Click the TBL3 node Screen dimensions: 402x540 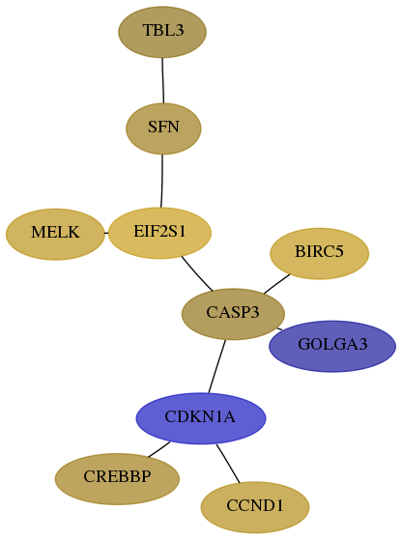162,32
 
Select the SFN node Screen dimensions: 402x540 163,128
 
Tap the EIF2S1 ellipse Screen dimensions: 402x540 159,233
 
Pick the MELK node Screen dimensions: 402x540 55,234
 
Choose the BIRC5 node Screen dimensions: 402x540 319,253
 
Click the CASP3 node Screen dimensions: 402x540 233,314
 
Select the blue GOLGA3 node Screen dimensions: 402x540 332,346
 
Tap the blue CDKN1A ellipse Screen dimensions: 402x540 201,418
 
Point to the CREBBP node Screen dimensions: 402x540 117,479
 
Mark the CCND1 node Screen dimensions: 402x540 255,507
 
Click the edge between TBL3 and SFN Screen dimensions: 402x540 163,80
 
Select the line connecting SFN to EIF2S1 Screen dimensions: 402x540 162,181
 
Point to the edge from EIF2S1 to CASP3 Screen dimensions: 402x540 196,274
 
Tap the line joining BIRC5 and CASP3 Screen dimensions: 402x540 276,284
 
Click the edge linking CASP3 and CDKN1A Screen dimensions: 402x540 217,366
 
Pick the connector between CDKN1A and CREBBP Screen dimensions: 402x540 159,449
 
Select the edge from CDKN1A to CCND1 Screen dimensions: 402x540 228,463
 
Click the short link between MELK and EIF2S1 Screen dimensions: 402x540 106,233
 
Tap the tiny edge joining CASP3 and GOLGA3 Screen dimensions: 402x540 279,329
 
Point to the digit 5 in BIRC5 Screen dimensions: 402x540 339,252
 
